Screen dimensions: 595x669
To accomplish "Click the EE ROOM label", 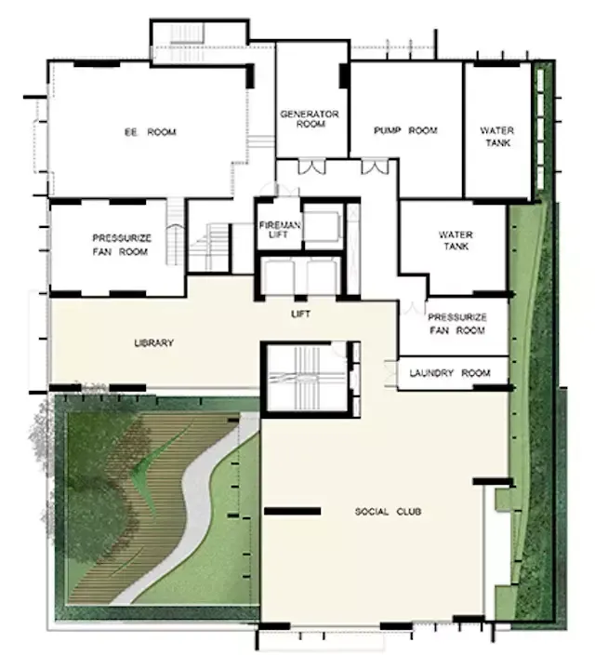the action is [x=150, y=132].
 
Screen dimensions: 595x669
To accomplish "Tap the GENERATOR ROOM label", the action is [x=310, y=119].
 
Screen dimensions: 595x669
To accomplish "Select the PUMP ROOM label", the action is [x=405, y=130].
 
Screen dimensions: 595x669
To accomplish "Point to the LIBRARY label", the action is [x=154, y=342].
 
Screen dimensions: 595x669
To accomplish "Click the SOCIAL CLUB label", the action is [x=388, y=511].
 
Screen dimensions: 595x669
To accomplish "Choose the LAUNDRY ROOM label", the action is [x=450, y=373].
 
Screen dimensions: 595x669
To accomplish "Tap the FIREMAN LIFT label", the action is [x=279, y=230].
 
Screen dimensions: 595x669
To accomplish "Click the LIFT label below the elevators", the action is [x=300, y=314].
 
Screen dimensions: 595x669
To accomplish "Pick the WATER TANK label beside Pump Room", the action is [x=497, y=137].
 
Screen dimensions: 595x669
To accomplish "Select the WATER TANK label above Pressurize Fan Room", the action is [x=456, y=240].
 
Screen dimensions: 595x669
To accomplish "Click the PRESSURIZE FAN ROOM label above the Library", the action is [x=122, y=245].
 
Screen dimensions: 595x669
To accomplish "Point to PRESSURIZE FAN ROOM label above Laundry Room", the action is [x=457, y=324].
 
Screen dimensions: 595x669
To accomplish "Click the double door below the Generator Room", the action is [x=311, y=167].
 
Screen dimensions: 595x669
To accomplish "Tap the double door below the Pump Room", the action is [x=375, y=167].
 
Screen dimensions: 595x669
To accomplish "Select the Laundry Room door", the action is [x=390, y=374].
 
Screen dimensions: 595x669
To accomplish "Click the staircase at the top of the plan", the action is [x=187, y=33].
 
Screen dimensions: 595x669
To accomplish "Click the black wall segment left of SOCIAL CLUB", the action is [x=292, y=511].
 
